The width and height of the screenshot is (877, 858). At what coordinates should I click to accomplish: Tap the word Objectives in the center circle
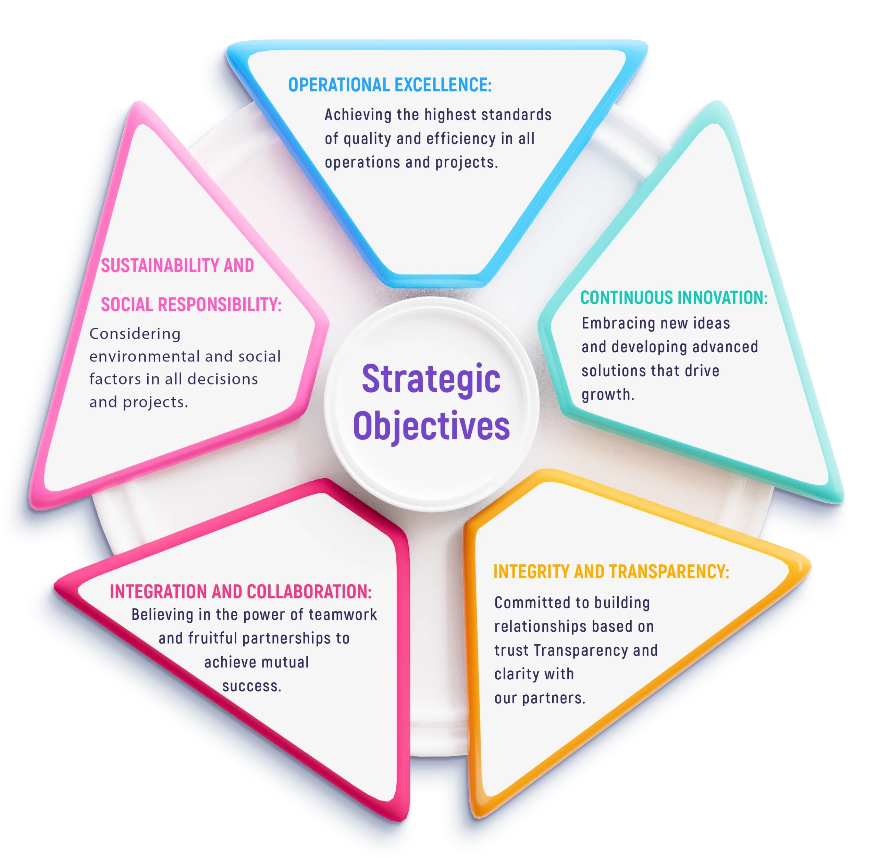pos(431,426)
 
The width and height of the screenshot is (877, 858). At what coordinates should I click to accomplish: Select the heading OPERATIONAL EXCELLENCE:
pos(390,85)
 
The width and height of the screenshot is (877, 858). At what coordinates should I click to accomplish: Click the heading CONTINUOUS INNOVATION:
pos(674,298)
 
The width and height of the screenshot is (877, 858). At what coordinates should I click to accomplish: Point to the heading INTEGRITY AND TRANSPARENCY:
pos(611,572)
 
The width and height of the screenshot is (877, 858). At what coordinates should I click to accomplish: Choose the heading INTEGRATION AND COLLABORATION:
pos(241,592)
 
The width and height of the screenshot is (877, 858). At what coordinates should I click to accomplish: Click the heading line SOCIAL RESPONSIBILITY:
pos(191,305)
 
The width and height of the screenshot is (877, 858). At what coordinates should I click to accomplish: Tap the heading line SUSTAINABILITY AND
pos(177,266)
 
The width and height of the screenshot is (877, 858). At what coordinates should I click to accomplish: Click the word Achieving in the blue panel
pos(358,115)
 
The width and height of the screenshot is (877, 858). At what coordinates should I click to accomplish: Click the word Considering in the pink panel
pos(135,334)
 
